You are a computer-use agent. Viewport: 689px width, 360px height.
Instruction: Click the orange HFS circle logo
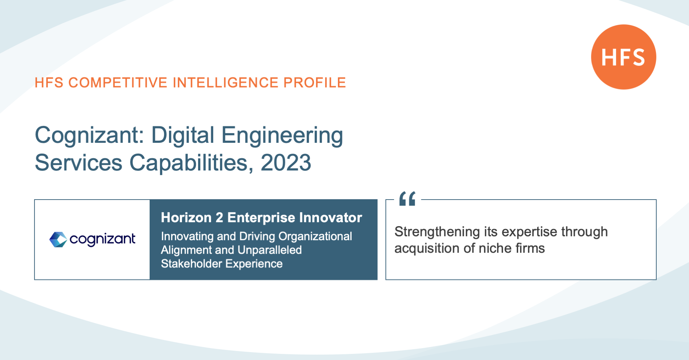coord(624,57)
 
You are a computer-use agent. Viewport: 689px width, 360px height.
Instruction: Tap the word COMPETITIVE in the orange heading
coord(118,83)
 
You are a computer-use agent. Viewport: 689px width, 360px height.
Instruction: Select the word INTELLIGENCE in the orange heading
coord(225,83)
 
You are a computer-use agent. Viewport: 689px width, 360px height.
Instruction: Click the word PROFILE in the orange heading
coord(314,83)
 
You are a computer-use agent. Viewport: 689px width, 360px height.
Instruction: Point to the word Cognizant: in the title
coord(89,135)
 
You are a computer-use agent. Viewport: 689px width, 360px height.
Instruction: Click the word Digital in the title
coord(183,135)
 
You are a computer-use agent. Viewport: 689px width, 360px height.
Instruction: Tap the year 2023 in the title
coord(286,163)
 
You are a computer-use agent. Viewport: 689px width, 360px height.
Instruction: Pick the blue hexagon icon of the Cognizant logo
coord(58,239)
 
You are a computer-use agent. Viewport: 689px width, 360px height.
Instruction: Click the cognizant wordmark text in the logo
coord(102,239)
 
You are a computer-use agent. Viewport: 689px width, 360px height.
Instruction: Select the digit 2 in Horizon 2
coord(219,218)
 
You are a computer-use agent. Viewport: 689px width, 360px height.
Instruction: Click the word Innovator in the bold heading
coord(331,218)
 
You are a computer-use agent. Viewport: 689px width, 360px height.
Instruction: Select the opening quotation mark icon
coord(407,198)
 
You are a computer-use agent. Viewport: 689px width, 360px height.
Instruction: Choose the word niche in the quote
coord(495,248)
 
